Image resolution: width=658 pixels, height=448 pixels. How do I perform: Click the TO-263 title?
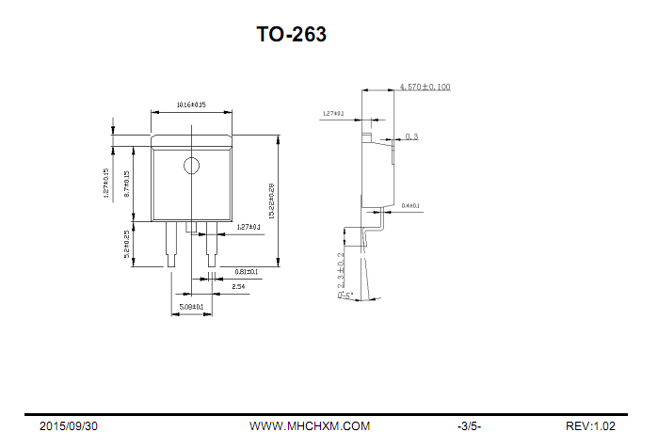coord(292,35)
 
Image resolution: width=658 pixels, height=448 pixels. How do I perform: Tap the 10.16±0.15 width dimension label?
coord(191,104)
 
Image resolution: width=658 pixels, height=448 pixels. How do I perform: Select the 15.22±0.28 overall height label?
coord(271,200)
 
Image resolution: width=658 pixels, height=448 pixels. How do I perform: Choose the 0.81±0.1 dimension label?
coord(247,271)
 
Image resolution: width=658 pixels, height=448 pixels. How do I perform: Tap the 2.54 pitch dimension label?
coord(238,285)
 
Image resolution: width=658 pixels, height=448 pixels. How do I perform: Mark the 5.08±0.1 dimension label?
coord(191,307)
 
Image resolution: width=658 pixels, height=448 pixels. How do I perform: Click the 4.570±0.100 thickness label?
coord(425,87)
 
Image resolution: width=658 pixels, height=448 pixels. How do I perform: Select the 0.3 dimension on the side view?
coord(411,136)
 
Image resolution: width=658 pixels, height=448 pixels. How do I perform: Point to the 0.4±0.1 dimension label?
coord(410,205)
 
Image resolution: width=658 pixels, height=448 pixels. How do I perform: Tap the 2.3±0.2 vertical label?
coord(341,269)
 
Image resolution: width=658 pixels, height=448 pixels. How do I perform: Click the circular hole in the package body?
coord(192,167)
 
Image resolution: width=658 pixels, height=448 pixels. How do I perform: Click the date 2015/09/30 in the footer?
coord(68,426)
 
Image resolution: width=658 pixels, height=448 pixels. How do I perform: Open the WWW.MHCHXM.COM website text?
coord(310,426)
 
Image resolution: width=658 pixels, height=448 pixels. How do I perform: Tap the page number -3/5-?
coord(469,426)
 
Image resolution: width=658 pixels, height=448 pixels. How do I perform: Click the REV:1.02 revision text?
coord(591,426)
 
